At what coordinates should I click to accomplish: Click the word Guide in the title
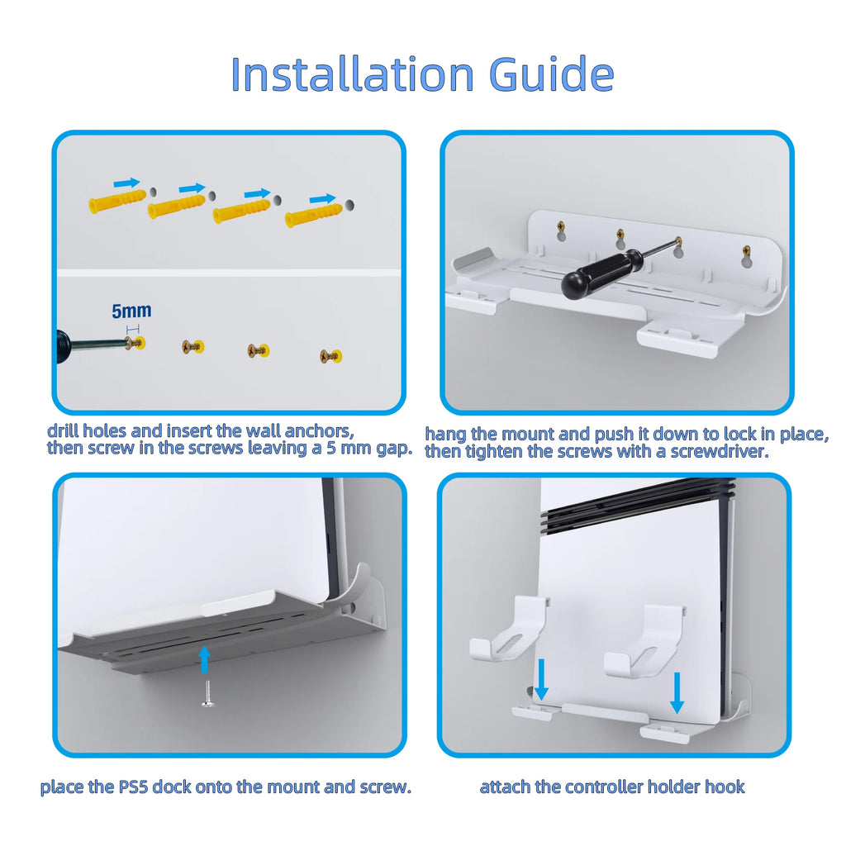[x=551, y=74]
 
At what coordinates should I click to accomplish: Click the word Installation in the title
[x=352, y=74]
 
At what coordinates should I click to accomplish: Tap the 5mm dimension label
[x=131, y=311]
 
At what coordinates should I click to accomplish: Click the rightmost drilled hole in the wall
[x=349, y=205]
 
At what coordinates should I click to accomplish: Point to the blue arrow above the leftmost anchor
[x=126, y=183]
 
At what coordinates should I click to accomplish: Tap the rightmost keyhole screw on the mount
[x=746, y=251]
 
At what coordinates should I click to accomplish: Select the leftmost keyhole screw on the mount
[x=561, y=226]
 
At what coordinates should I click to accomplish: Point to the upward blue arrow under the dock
[x=204, y=659]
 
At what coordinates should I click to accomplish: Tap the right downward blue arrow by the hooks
[x=677, y=693]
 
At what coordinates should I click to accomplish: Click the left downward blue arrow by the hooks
[x=540, y=680]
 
